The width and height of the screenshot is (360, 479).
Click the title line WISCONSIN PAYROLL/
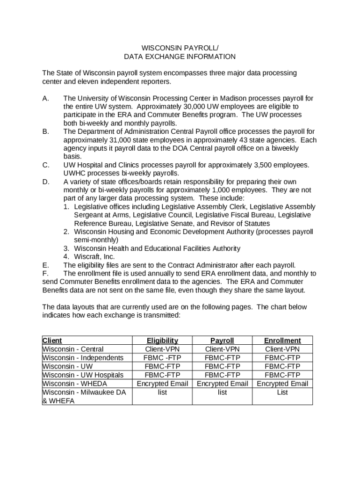(x=180, y=48)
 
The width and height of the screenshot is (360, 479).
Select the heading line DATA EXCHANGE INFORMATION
(x=180, y=57)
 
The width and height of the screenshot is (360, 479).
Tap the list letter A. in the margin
(x=46, y=99)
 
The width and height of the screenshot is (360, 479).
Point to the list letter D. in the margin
(x=46, y=181)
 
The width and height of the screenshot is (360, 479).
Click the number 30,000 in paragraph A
(x=191, y=107)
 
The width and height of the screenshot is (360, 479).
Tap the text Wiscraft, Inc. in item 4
(x=94, y=257)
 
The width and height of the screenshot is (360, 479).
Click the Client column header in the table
(x=52, y=341)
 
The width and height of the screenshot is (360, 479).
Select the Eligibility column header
(x=162, y=341)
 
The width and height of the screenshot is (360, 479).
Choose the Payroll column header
(x=222, y=341)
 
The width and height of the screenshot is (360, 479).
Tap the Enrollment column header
(x=282, y=341)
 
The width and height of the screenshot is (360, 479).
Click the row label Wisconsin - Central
(x=73, y=349)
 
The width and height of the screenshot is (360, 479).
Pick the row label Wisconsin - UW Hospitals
(x=83, y=375)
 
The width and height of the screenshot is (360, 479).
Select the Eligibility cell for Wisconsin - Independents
(x=162, y=358)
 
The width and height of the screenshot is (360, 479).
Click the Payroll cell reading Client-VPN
(x=222, y=349)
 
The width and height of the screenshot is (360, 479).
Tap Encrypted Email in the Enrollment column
(x=282, y=384)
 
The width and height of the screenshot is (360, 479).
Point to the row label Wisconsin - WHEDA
(x=74, y=384)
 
